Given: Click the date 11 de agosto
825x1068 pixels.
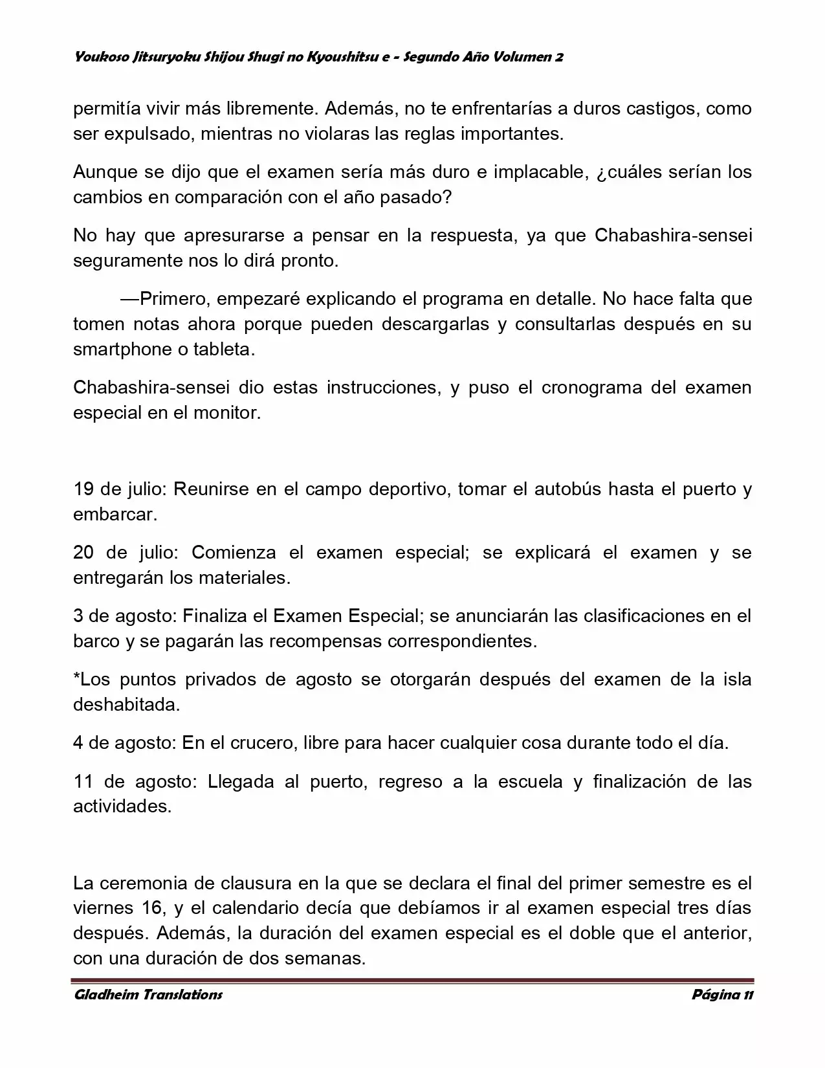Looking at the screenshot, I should [x=133, y=781].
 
